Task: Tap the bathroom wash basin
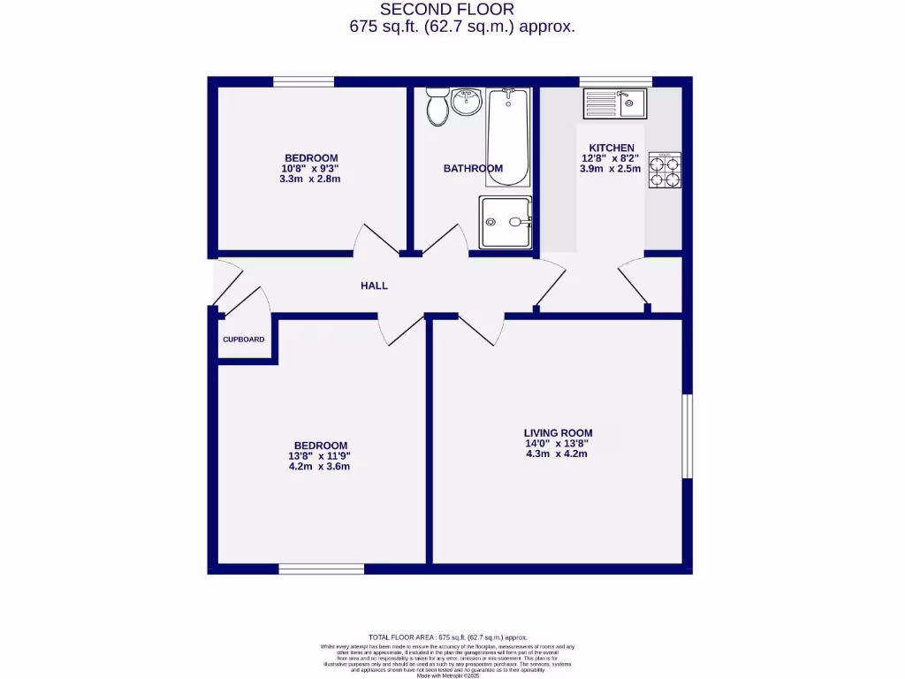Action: tap(466, 103)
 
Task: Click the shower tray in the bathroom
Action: tap(506, 222)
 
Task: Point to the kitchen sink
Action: tap(614, 103)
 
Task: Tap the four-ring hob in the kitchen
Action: tap(665, 171)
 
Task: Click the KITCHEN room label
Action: tap(611, 148)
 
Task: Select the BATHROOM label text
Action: tap(473, 168)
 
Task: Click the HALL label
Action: tap(374, 286)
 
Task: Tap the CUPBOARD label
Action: tap(243, 339)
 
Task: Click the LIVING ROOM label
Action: tap(558, 432)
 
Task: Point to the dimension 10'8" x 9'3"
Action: tap(310, 168)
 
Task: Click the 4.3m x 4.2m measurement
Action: tap(558, 454)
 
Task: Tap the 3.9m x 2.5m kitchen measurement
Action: tap(611, 169)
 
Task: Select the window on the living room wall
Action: tap(687, 437)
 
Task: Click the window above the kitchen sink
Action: tap(615, 81)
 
